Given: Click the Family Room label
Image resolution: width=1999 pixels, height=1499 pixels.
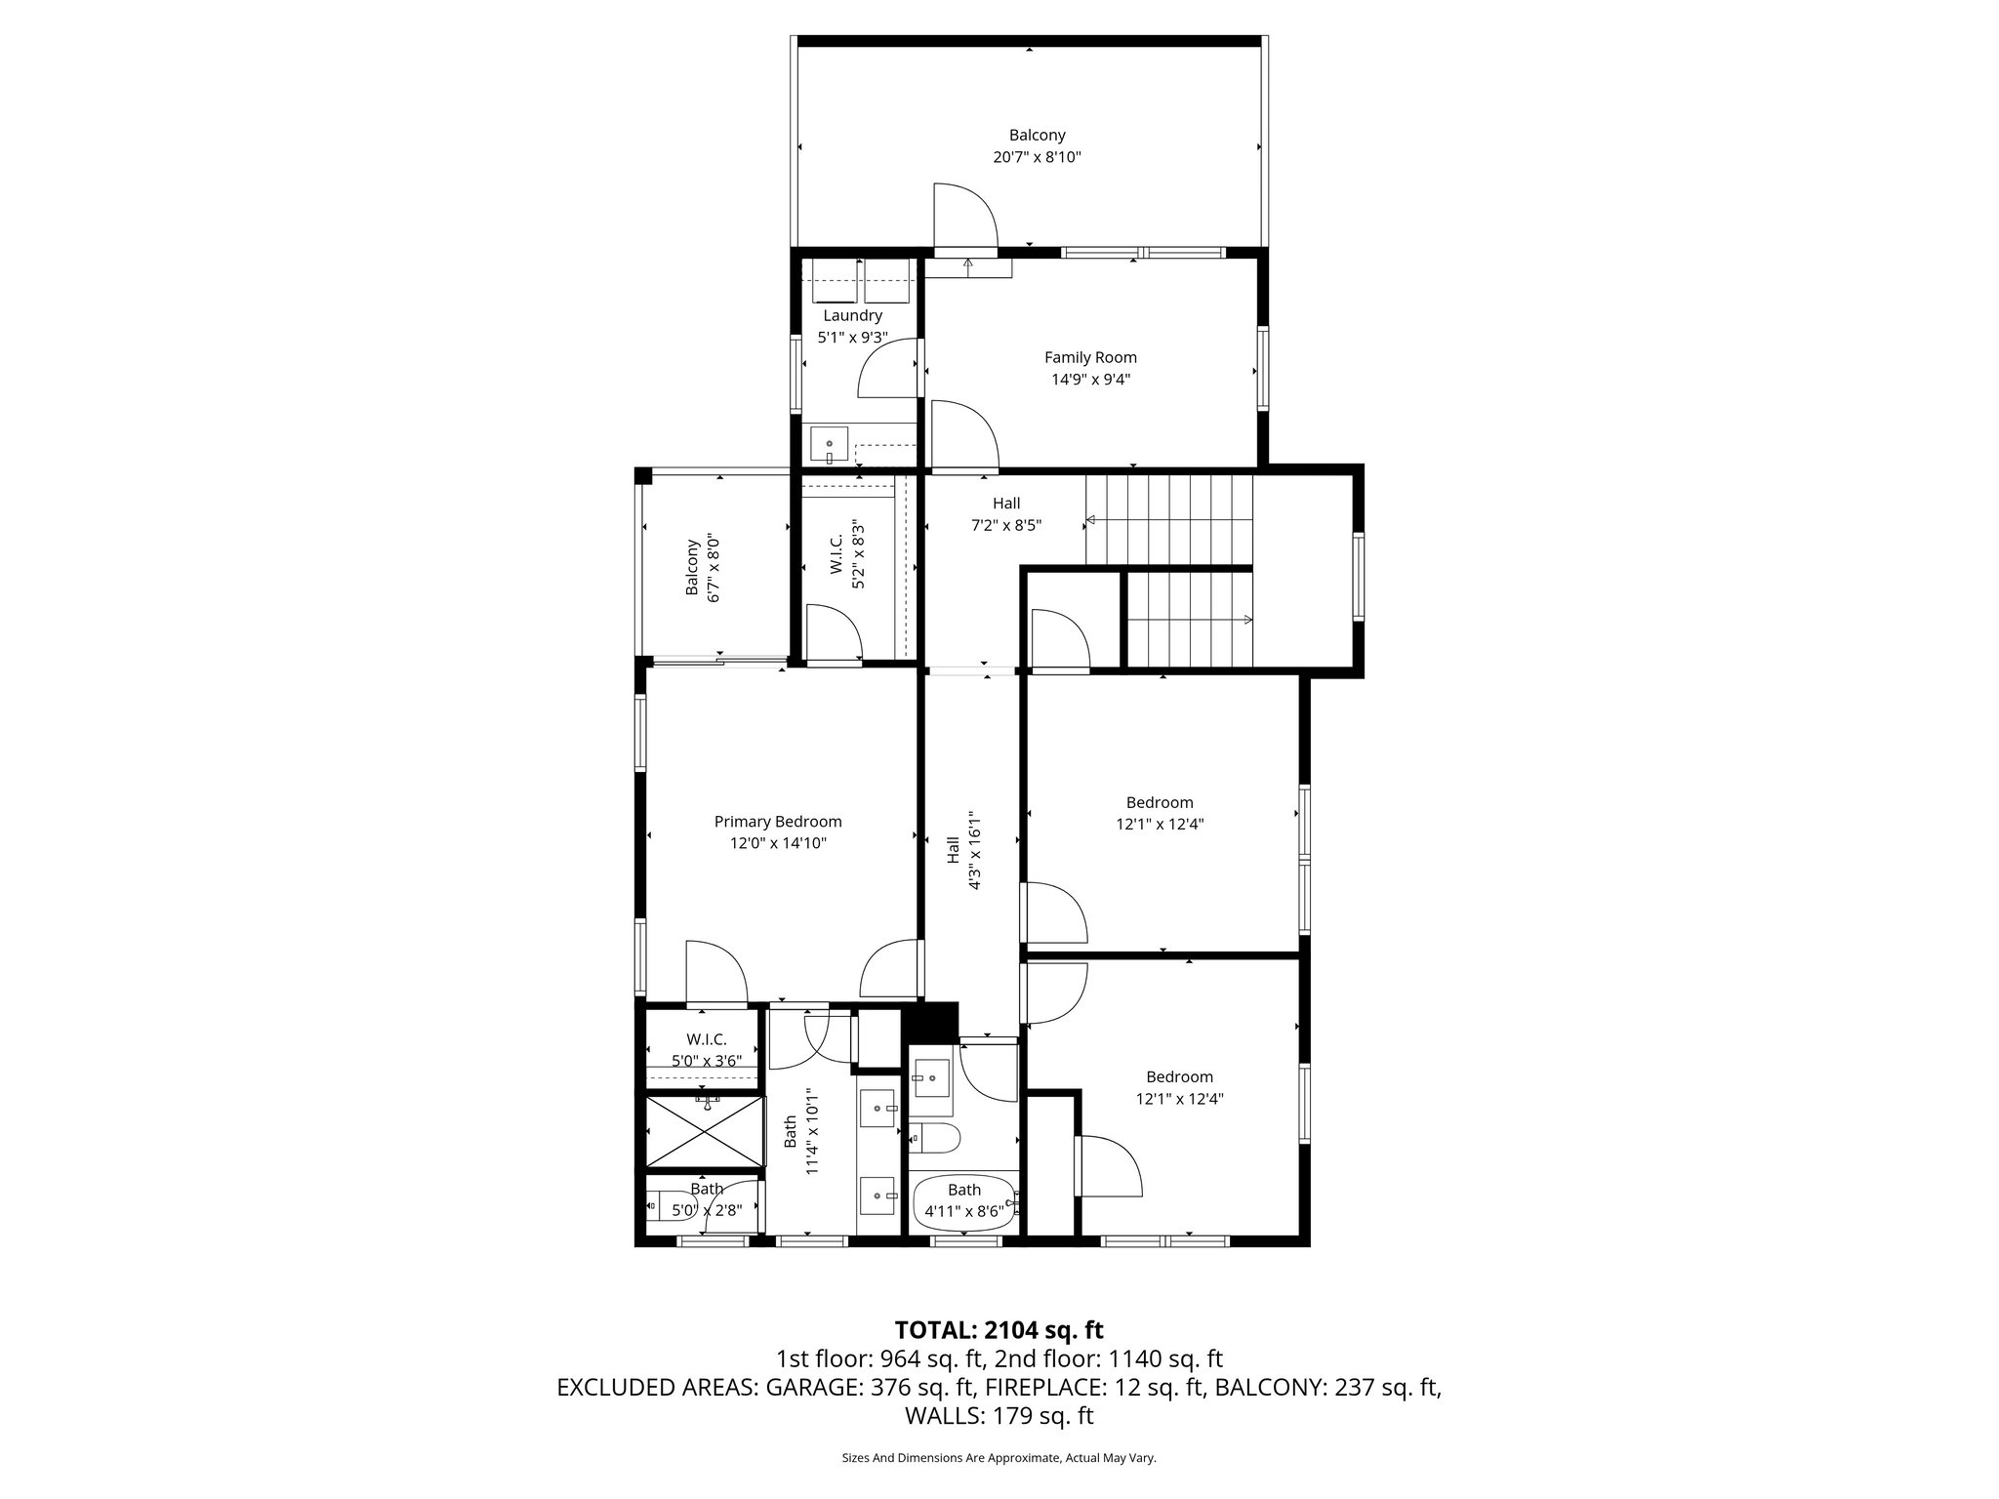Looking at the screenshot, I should (x=1090, y=357).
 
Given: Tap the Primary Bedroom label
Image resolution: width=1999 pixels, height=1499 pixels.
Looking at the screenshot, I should (x=778, y=822).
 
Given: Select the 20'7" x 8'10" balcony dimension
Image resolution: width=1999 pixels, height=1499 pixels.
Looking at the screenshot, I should (x=1037, y=157).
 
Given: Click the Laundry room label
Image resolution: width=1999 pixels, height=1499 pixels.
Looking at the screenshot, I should (x=852, y=315).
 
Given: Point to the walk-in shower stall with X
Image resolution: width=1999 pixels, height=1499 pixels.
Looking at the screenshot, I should (x=704, y=1131).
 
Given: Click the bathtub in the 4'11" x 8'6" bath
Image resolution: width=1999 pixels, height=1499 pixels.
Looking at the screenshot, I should (x=964, y=1202).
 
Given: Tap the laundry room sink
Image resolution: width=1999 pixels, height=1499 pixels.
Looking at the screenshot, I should (x=829, y=446).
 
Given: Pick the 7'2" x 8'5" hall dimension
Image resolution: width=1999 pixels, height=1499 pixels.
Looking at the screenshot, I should (x=1006, y=525).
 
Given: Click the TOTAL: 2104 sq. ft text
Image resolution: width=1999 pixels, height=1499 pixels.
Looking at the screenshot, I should (x=999, y=1329).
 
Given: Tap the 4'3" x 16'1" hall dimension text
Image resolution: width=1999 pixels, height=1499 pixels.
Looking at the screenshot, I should (x=974, y=849).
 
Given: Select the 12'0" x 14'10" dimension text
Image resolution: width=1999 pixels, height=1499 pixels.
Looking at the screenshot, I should (x=778, y=843).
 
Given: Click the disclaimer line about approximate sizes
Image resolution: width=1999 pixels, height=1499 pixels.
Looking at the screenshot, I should (x=999, y=1458).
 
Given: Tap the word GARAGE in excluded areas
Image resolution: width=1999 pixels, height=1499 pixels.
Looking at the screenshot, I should (x=814, y=1388).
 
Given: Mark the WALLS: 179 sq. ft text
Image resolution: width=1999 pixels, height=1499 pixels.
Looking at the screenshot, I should (x=999, y=1416).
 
